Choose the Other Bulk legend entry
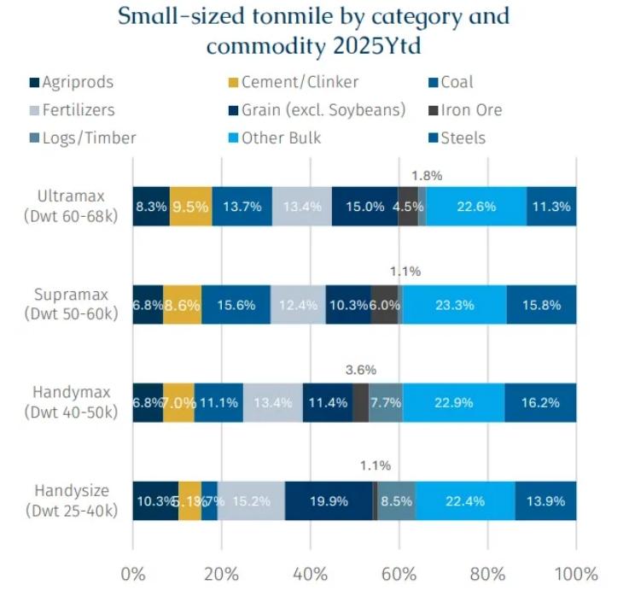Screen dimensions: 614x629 click(x=282, y=137)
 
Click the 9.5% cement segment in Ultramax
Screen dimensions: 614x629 click(x=190, y=207)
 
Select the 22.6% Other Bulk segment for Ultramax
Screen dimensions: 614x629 click(x=476, y=207)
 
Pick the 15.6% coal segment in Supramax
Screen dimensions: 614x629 click(x=236, y=305)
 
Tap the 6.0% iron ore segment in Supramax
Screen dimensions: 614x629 click(x=384, y=305)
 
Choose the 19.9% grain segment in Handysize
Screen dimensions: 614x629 click(x=329, y=501)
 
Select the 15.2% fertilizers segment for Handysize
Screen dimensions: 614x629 click(x=251, y=501)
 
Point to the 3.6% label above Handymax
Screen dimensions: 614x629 click(x=361, y=371)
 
